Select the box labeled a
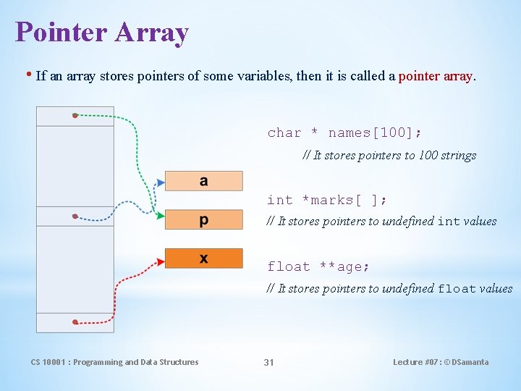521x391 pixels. tap(203, 181)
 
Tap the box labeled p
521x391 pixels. tap(203, 219)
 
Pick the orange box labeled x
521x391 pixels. tap(203, 258)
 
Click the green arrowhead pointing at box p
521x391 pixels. tap(160, 215)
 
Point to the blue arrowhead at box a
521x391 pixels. tap(161, 181)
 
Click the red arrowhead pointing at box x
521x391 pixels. tap(160, 259)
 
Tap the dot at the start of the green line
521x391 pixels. tap(75, 115)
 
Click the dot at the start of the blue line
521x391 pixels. tap(75, 216)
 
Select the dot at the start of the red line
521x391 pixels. tap(75, 321)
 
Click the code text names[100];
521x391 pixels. tap(375, 133)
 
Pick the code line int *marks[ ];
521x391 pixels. tap(327, 200)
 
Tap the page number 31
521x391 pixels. tap(268, 362)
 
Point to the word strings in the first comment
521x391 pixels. tap(456, 155)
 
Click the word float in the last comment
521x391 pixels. tap(456, 288)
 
